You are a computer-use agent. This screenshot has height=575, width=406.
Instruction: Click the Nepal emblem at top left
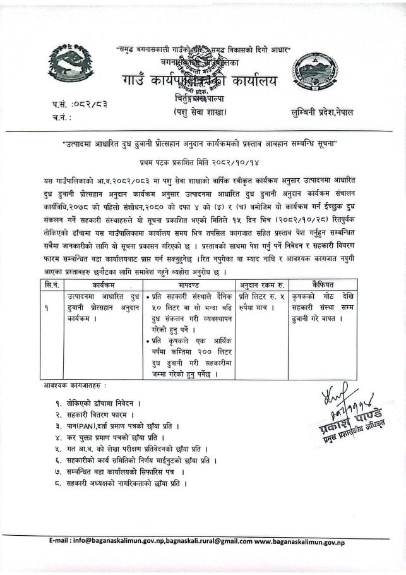[x=69, y=66]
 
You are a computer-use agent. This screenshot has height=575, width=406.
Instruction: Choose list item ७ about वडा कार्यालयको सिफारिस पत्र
[x=120, y=472]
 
